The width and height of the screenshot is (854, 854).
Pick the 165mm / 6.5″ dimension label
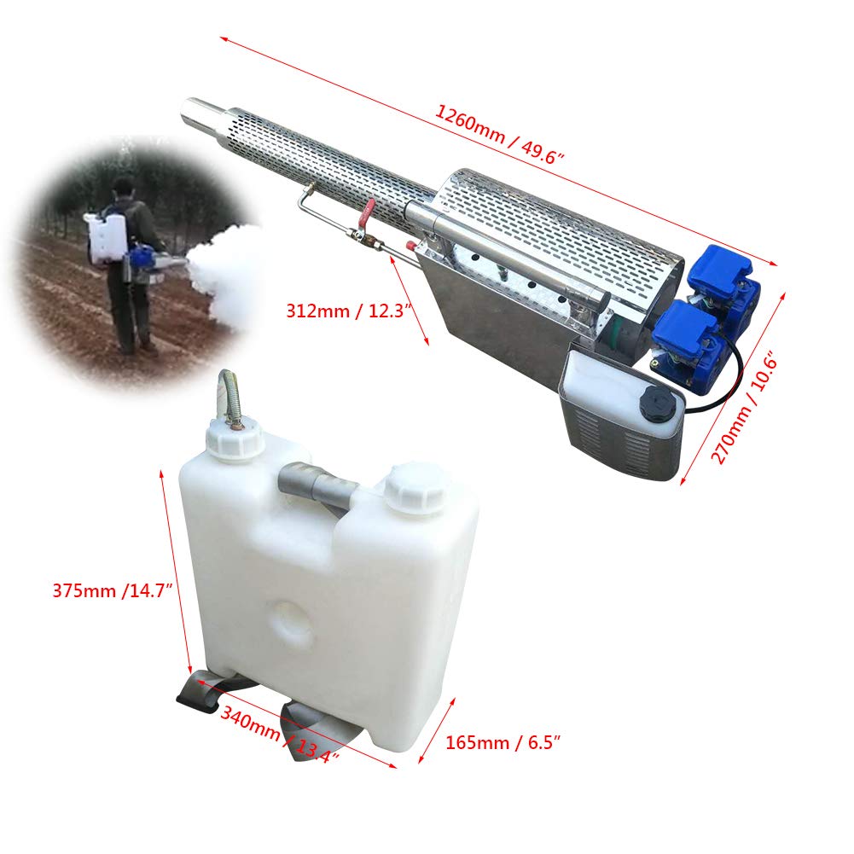pos(503,742)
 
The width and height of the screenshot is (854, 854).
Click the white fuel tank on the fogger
pos(614,392)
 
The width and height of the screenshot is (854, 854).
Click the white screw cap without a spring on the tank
pos(412,489)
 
